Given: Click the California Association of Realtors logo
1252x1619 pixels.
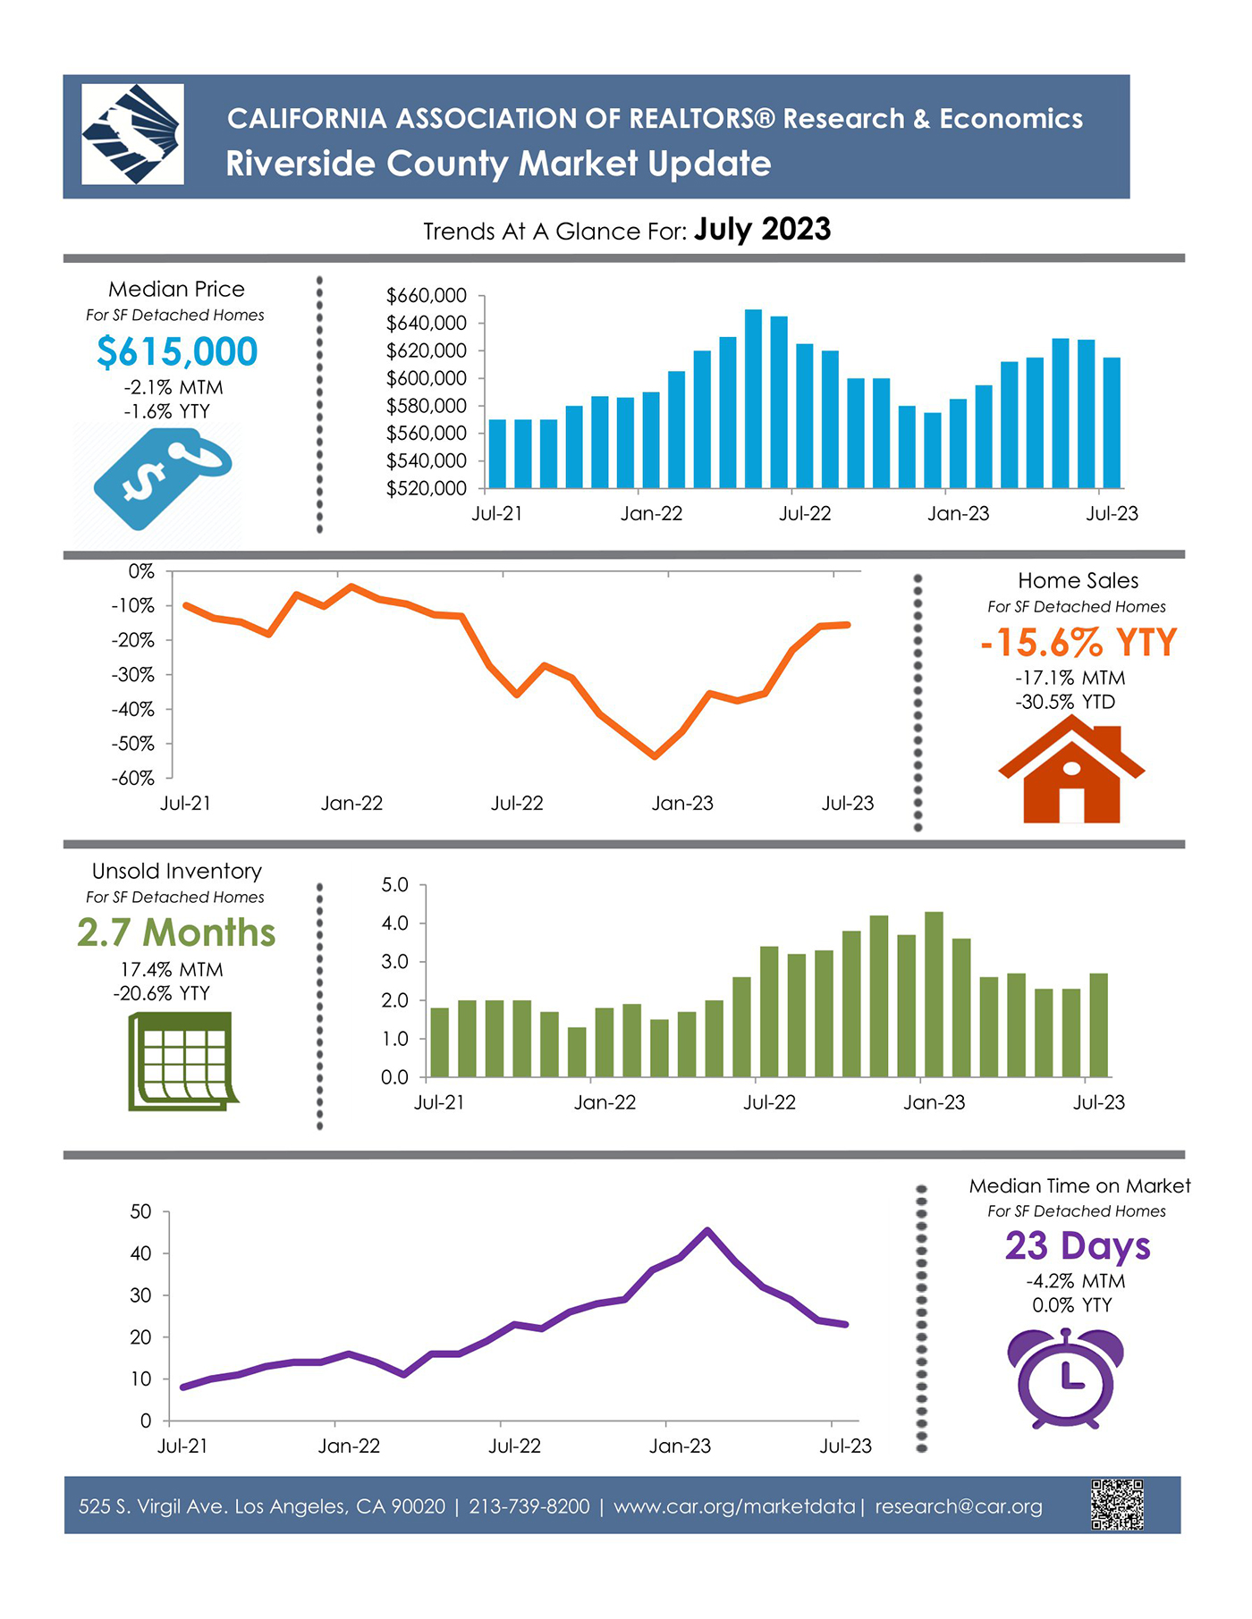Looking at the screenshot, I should [132, 134].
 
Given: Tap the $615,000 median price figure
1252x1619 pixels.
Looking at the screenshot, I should [177, 351].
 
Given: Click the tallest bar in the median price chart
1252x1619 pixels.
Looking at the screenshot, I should [753, 399].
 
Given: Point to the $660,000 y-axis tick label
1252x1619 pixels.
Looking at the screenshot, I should [426, 296].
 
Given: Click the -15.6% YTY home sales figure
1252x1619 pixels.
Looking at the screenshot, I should [1078, 643].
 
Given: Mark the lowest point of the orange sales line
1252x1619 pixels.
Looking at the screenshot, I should [656, 756].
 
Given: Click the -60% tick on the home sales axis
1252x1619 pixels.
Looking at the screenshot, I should [133, 779].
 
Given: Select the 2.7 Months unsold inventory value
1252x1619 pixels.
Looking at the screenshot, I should [176, 932].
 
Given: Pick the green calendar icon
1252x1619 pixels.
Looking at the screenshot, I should [182, 1061].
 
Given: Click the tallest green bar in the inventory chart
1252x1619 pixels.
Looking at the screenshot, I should [934, 994].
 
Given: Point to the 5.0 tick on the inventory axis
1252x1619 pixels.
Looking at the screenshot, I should [394, 885].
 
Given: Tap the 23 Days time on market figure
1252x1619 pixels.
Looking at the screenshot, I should [1077, 1246].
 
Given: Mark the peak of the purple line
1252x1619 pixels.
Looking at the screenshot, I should [707, 1231].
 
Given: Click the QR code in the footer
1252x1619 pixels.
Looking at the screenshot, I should [1117, 1505].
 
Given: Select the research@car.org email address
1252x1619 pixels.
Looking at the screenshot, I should [958, 1506].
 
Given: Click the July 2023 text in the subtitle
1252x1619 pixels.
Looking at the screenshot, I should [762, 230].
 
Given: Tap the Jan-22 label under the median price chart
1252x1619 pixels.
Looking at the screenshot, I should [651, 514].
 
